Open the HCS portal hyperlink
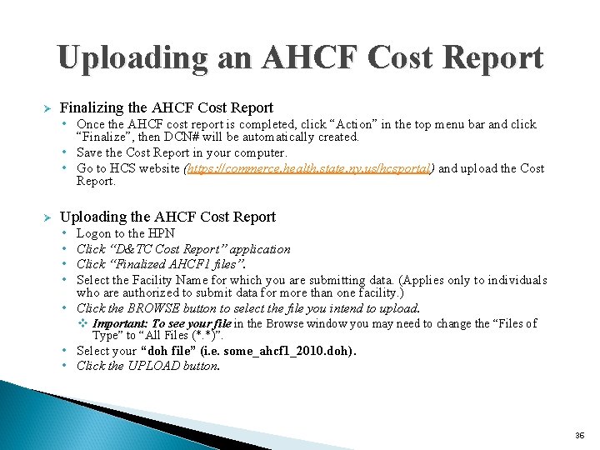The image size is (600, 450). (307, 168)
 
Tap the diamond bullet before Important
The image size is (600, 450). (83, 323)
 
